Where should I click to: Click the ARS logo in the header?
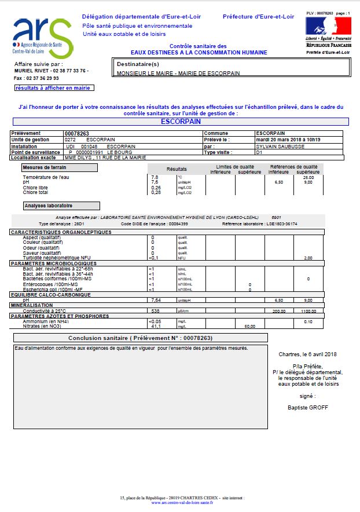[42, 36]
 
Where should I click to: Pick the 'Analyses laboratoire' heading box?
[61, 206]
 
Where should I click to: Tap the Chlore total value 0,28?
[156, 192]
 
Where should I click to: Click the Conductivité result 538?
[156, 310]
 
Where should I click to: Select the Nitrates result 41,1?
[155, 326]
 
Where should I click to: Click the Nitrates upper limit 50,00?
[250, 326]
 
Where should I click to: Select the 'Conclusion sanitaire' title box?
[141, 338]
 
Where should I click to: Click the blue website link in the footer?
[182, 502]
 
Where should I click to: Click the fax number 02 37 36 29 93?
[45, 77]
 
